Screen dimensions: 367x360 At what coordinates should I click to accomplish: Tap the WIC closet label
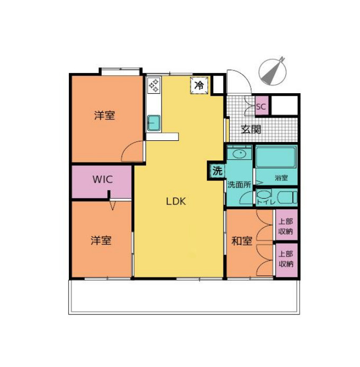[x=102, y=179]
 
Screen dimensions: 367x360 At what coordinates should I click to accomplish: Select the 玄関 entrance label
[x=251, y=129]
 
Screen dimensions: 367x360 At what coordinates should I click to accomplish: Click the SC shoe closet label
[x=261, y=106]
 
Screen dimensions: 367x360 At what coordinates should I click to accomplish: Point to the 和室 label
[x=241, y=241]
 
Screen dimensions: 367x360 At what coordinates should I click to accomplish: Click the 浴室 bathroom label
[x=281, y=178]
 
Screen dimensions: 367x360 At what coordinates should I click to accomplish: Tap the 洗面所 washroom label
[x=238, y=185]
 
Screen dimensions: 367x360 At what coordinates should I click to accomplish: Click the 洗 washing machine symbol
[x=217, y=171]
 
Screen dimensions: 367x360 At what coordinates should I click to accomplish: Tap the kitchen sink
[x=154, y=123]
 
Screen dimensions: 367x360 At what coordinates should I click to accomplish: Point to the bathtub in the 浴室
[x=275, y=157]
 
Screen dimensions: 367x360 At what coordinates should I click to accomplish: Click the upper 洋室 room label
[x=105, y=115]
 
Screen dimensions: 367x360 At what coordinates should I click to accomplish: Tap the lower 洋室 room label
[x=101, y=240]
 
